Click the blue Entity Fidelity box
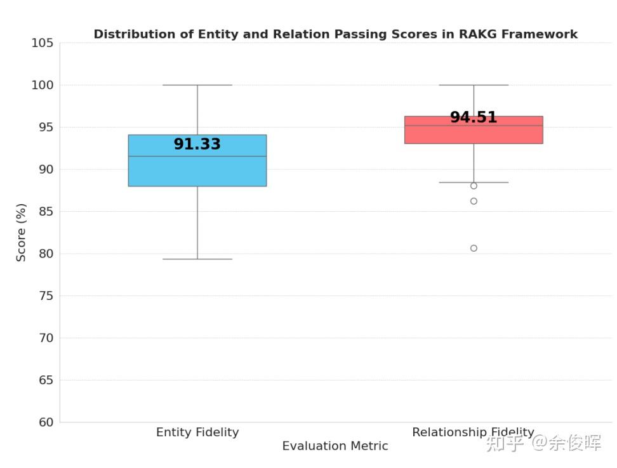pos(197,172)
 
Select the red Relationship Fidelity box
pos(474,134)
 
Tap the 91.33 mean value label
pos(197,145)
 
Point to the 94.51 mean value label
pos(474,118)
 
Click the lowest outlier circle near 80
pos(474,248)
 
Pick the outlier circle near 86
pos(474,201)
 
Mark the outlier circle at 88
pos(474,186)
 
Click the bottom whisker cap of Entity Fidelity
pos(197,259)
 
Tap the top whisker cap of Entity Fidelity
pos(197,85)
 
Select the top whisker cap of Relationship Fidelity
pos(474,85)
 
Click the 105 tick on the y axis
pos(42,43)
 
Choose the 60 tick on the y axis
pos(42,422)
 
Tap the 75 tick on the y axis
pos(42,296)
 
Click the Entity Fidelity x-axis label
pos(197,432)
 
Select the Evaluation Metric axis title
pos(335,446)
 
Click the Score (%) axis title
pos(22,232)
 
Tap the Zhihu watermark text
pos(543,443)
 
